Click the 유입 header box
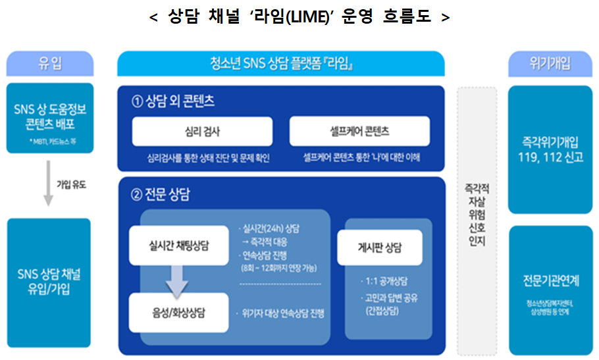(49, 64)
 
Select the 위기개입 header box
(550, 64)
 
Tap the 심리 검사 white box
(202, 132)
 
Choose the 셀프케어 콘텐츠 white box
(359, 132)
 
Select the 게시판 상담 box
(380, 248)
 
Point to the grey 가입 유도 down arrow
(47, 184)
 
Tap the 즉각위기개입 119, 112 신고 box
(550, 149)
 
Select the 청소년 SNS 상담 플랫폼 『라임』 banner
(280, 64)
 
